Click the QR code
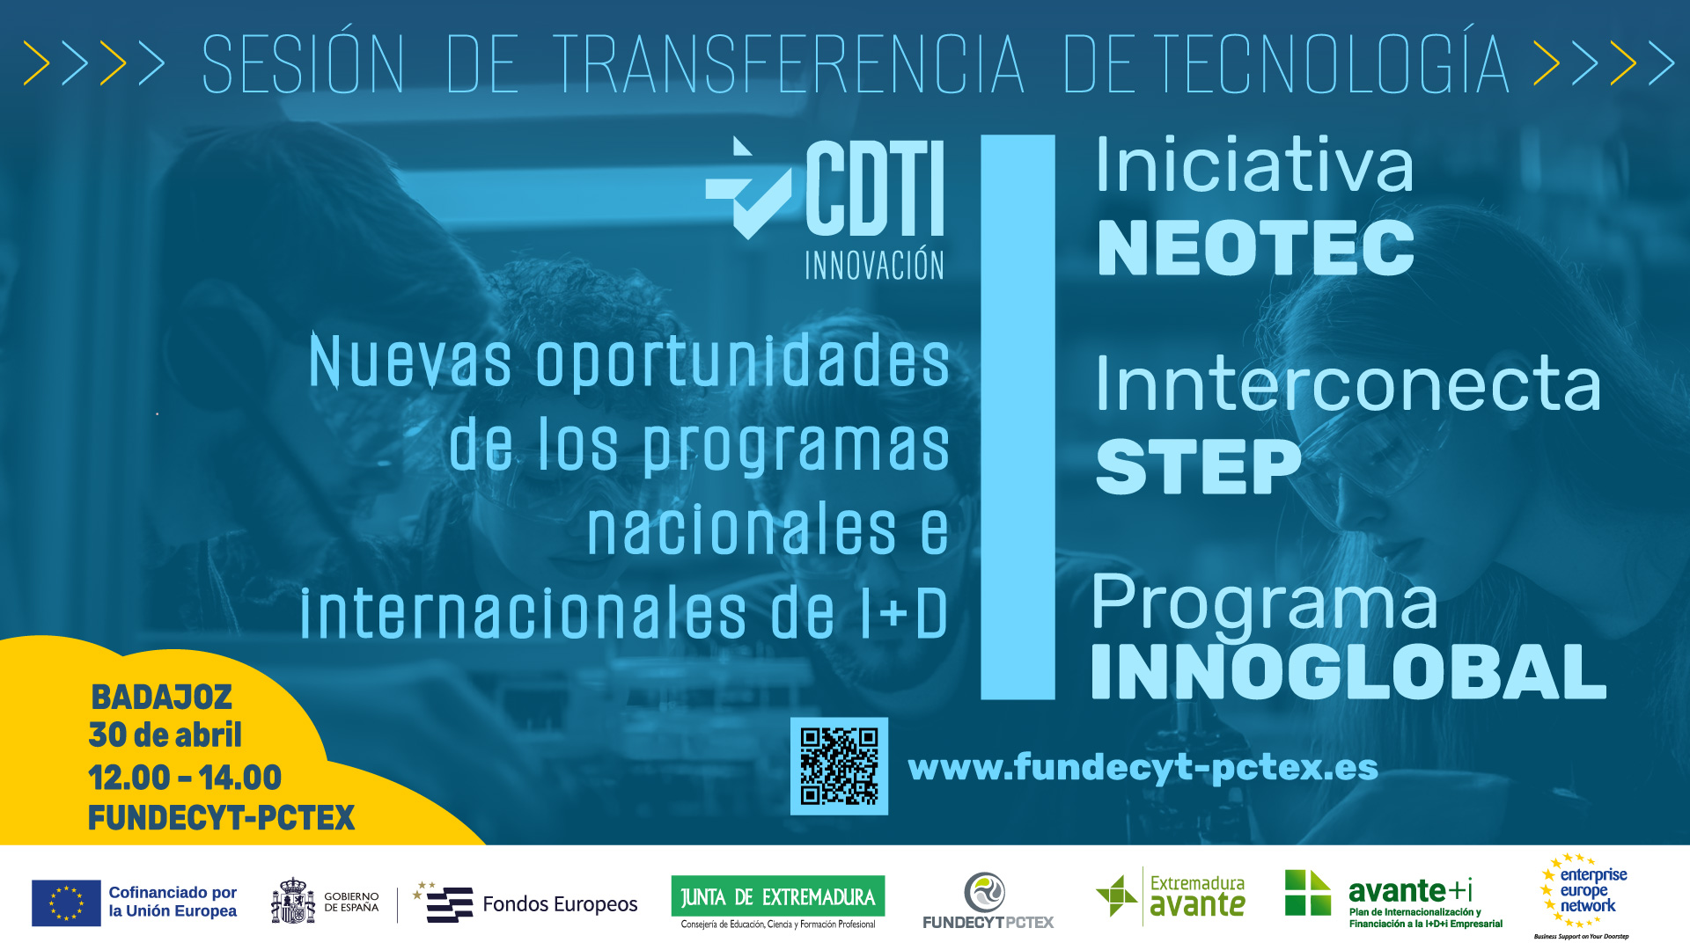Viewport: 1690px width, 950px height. point(839,765)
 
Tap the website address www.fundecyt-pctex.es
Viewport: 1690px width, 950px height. point(1143,768)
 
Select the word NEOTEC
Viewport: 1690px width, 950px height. point(1256,248)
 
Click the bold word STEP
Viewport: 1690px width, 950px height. point(1198,467)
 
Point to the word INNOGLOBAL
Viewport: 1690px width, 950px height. point(1348,672)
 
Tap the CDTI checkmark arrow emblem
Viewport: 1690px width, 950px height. point(748,188)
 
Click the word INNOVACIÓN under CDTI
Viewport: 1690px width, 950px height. point(874,265)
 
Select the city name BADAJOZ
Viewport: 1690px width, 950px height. point(162,698)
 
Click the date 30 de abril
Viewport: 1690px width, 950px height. point(165,735)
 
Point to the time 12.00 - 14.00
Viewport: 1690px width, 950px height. point(185,778)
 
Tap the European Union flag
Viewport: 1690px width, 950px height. point(66,902)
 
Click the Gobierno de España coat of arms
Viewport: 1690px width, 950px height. point(293,902)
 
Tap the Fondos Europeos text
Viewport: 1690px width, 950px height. point(560,904)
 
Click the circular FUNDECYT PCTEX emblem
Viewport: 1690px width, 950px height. point(985,892)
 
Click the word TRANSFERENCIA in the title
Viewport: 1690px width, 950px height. point(789,64)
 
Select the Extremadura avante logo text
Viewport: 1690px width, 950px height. point(1197,896)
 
